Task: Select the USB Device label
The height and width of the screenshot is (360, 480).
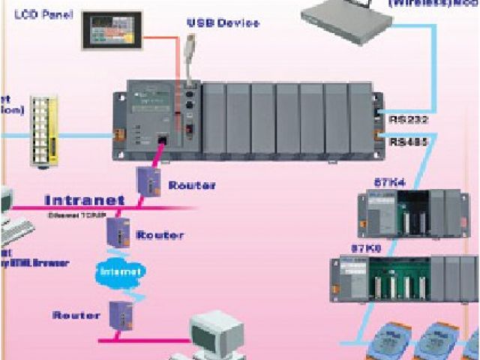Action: coord(222,23)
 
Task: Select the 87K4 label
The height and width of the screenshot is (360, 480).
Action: coord(389,182)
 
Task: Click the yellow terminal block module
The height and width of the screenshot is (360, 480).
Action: coord(44,128)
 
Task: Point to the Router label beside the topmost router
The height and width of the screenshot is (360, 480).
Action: coord(191,184)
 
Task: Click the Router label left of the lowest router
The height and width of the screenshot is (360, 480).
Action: coord(75,315)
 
